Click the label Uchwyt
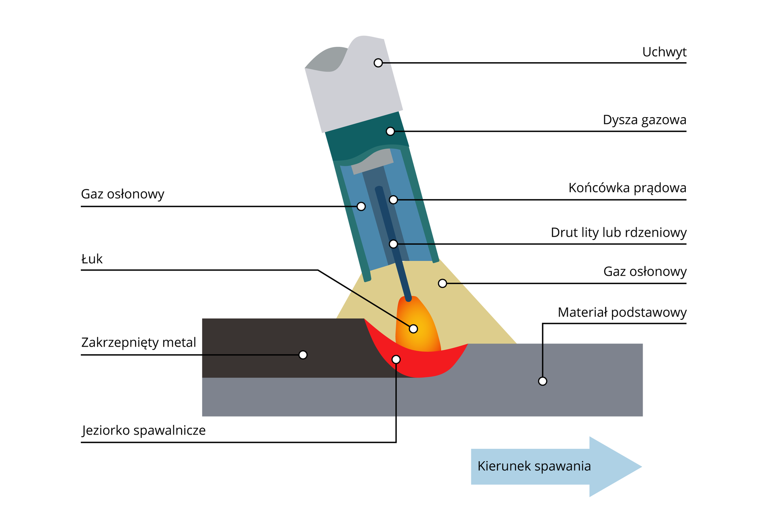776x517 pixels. click(664, 52)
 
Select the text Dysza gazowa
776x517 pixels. click(644, 120)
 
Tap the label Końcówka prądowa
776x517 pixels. click(627, 188)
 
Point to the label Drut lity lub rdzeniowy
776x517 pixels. click(618, 233)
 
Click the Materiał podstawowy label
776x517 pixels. click(622, 312)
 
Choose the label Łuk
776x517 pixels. click(92, 259)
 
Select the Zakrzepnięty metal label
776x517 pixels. click(139, 343)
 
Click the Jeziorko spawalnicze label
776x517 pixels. click(144, 430)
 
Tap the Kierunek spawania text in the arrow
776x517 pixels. click(534, 466)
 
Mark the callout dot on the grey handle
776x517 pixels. click(378, 63)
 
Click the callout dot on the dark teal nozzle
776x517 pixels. click(390, 131)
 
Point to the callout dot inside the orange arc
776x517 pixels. click(413, 329)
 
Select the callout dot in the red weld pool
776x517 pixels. click(396, 359)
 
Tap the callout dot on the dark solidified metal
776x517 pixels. click(303, 355)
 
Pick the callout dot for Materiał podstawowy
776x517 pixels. click(542, 381)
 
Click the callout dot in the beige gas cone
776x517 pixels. click(443, 284)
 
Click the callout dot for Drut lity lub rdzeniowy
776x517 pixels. click(393, 244)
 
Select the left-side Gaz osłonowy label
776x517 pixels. click(122, 194)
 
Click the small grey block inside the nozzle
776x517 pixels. click(372, 162)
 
